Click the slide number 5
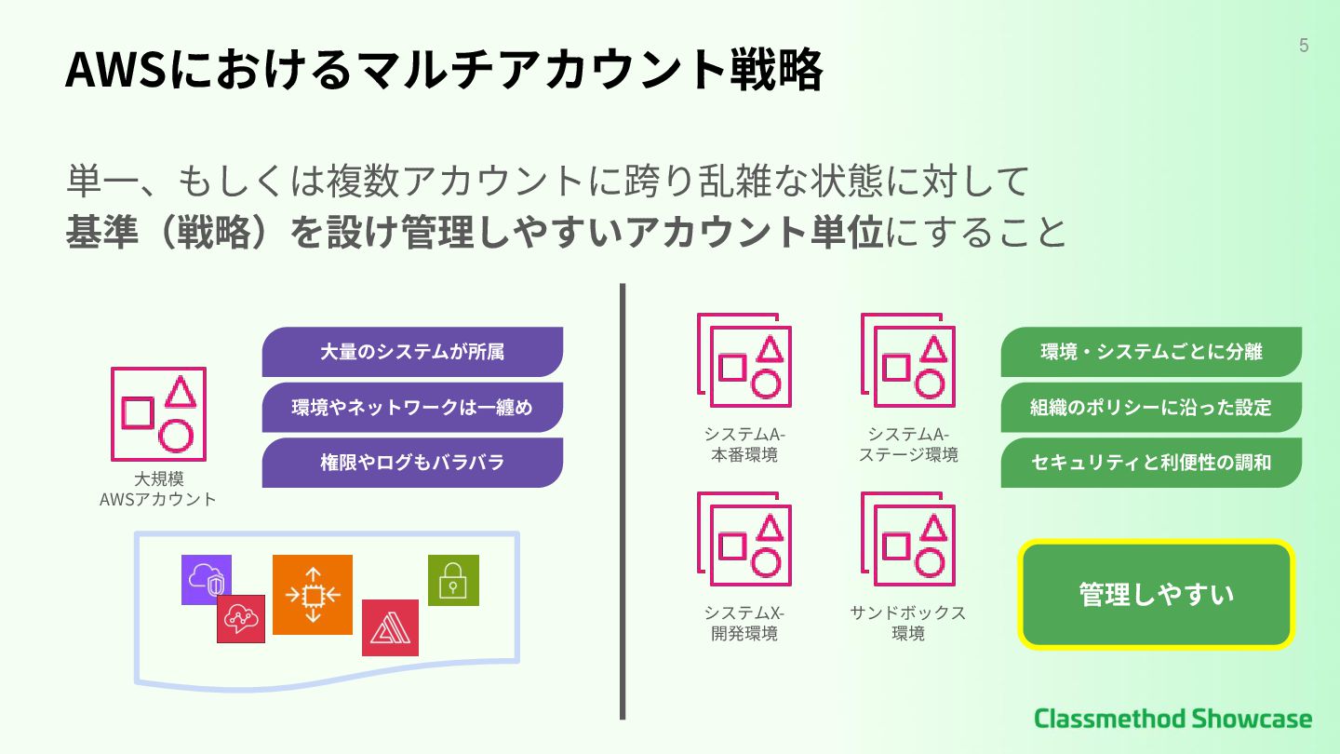click(x=1304, y=46)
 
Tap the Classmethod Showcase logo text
click(x=1172, y=719)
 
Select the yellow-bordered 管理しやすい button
click(x=1157, y=594)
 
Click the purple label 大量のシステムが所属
click(x=412, y=352)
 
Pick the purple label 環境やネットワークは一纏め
click(x=412, y=407)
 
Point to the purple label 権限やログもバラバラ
click(x=412, y=463)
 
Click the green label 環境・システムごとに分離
click(x=1151, y=352)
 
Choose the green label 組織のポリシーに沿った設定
click(x=1151, y=407)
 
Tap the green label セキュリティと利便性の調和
click(x=1151, y=463)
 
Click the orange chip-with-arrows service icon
click(x=313, y=594)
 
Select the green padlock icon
click(x=453, y=580)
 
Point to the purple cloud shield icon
click(x=207, y=579)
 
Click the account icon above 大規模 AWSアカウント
click(x=158, y=414)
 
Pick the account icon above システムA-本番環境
click(x=744, y=360)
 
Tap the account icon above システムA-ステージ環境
click(x=908, y=360)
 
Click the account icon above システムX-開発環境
click(x=744, y=539)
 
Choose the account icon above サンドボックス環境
click(x=908, y=539)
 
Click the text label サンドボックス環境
click(x=907, y=624)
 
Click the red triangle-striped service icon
click(x=390, y=628)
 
